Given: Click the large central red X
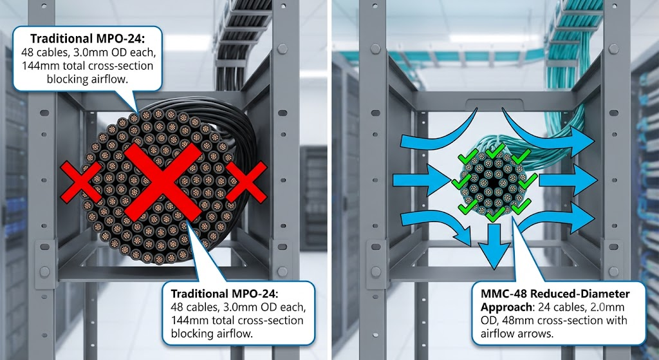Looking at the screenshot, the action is tap(161, 182).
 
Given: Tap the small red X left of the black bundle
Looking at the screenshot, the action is tap(80, 182).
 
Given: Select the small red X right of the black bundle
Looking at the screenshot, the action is tap(246, 182).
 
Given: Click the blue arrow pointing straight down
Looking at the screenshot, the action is tap(495, 245).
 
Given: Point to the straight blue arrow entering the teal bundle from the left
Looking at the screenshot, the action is tap(422, 181).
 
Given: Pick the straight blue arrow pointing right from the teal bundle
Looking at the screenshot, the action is tap(568, 180).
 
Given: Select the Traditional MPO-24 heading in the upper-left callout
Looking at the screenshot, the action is tap(88, 39).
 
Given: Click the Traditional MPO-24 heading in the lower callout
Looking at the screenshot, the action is tap(225, 293).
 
